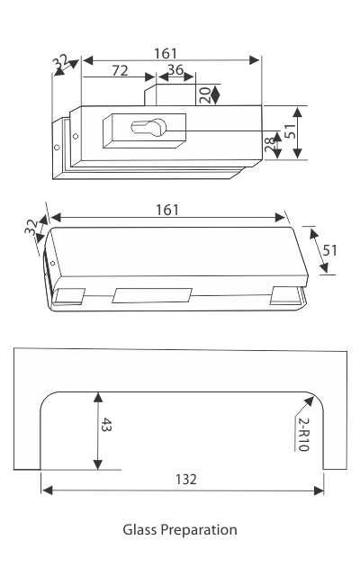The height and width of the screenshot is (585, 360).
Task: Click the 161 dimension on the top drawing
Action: tap(166, 53)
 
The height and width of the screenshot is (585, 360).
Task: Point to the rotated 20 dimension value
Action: tap(204, 94)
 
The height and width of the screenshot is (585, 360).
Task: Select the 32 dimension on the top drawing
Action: tap(60, 64)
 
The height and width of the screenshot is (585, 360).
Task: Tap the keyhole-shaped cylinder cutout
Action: tap(144, 129)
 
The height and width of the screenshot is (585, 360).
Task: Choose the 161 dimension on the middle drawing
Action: tap(166, 210)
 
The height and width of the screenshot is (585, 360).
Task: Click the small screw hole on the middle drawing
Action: tap(53, 264)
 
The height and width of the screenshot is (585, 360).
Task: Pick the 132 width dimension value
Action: tap(184, 479)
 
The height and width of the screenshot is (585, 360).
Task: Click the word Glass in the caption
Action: tap(139, 529)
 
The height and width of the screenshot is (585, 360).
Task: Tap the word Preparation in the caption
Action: tap(199, 529)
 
